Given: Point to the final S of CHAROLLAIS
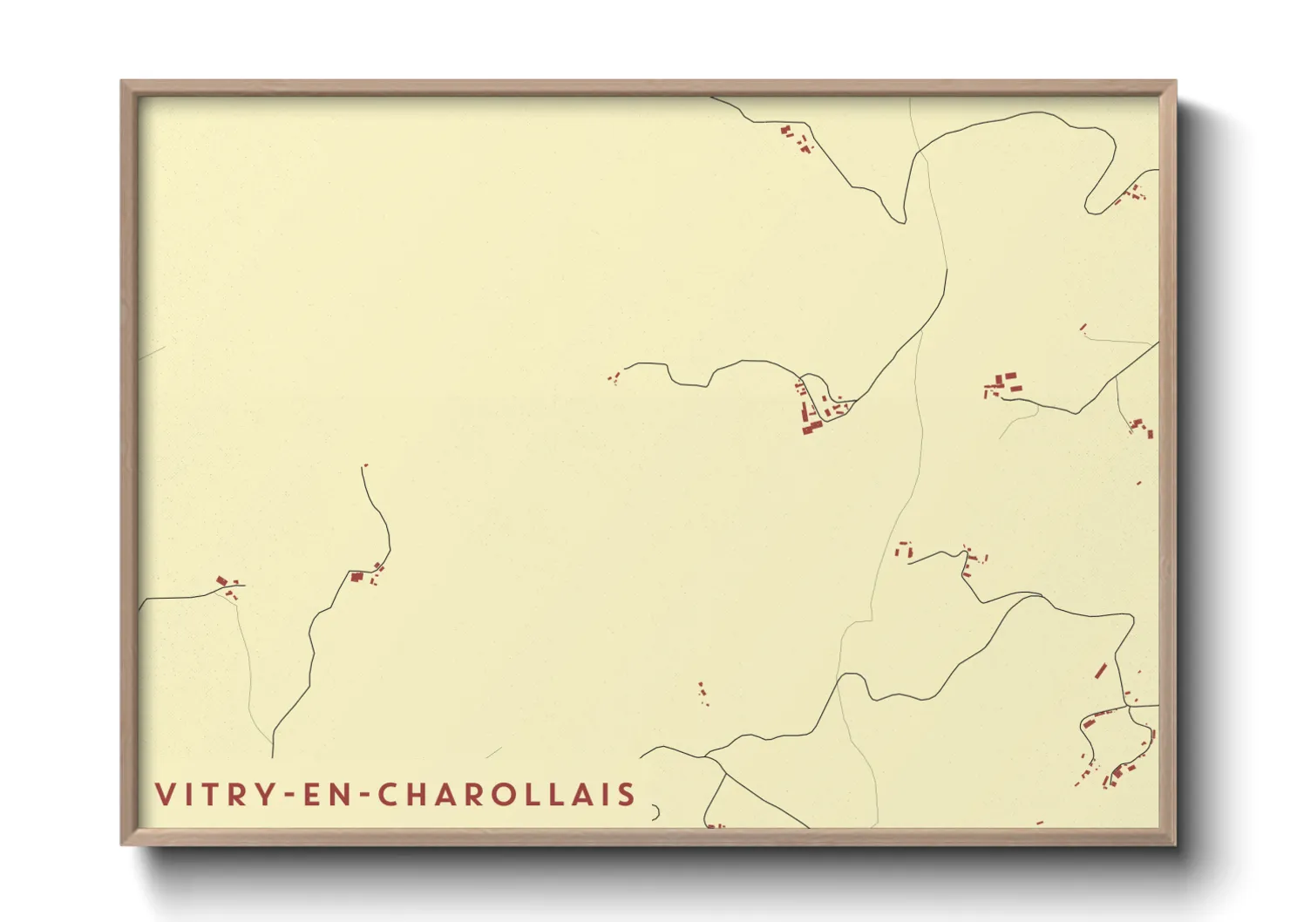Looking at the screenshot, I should tap(627, 795).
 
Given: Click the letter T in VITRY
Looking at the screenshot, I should tap(209, 795).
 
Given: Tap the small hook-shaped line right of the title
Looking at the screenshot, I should tap(655, 812).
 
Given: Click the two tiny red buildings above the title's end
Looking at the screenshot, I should tap(703, 694).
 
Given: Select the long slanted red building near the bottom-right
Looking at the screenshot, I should tap(1100, 671).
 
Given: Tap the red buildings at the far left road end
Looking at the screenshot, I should tap(227, 585).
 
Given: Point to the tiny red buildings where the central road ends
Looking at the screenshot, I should tap(614, 378).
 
